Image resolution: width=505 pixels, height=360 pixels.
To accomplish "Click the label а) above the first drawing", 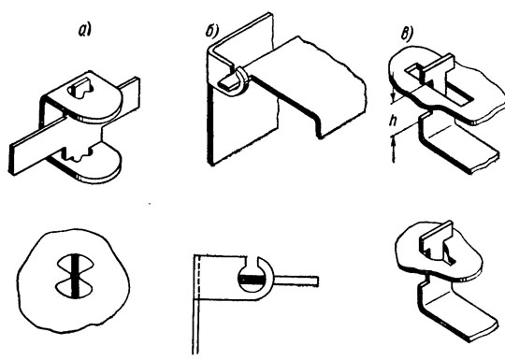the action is pyautogui.click(x=85, y=30).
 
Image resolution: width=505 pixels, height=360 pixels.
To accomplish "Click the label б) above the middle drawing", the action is pyautogui.click(x=212, y=32).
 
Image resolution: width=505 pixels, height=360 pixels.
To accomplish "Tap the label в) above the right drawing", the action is pyautogui.click(x=408, y=35).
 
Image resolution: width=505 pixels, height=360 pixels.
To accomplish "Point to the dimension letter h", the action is pyautogui.click(x=393, y=121).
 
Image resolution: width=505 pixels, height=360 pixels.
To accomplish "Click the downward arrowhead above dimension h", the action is pyautogui.click(x=393, y=95).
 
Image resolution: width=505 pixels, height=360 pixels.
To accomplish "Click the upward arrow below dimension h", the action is pyautogui.click(x=393, y=149).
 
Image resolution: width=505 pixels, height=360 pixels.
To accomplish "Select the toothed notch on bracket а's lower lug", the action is pyautogui.click(x=78, y=154).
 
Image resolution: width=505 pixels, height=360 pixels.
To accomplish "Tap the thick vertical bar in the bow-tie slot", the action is pyautogui.click(x=75, y=276).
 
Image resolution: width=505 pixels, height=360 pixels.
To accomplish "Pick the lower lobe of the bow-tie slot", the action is pyautogui.click(x=75, y=289).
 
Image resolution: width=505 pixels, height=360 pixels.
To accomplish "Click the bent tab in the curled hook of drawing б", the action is pyautogui.click(x=229, y=82).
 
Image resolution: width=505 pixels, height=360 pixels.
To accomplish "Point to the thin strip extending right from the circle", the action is pyautogui.click(x=296, y=281).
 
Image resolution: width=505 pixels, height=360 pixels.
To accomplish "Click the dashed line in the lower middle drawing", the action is pyautogui.click(x=201, y=278).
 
